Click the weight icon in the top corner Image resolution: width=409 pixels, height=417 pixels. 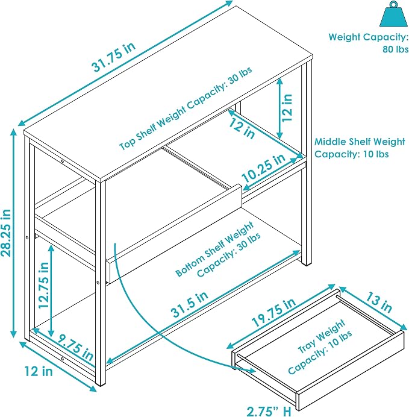click(393, 14)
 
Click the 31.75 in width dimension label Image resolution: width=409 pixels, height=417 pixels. click(114, 57)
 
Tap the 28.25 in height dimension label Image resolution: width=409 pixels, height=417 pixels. click(6, 233)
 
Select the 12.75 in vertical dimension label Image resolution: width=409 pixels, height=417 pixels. click(44, 285)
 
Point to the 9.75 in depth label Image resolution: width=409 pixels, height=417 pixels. click(76, 349)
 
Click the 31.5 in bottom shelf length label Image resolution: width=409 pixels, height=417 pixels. click(190, 304)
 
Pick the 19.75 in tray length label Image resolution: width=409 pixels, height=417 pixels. click(273, 312)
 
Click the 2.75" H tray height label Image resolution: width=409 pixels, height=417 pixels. click(269, 412)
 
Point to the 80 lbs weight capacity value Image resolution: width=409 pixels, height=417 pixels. click(395, 49)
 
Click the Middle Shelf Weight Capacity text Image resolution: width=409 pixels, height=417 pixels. click(360, 148)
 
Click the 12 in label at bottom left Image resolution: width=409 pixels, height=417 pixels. click(39, 371)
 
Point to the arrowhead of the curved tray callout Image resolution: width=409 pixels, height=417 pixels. click(252, 370)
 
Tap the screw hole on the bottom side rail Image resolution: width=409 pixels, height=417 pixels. click(63, 359)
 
